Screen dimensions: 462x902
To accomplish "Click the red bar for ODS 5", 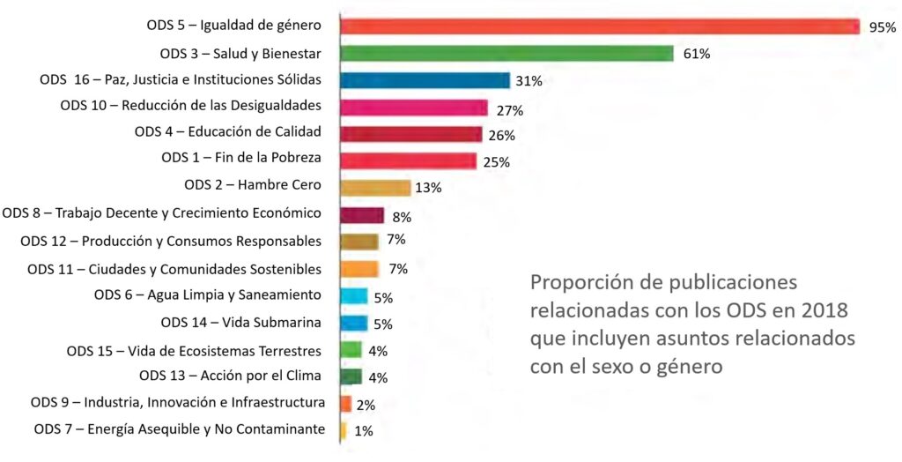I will (599, 26).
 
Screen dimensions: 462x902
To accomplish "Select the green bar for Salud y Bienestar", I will (506, 53).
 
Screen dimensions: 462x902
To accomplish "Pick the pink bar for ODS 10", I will (413, 108).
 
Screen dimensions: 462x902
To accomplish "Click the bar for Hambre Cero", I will (375, 188).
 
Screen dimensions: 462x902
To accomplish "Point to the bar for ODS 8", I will (362, 215).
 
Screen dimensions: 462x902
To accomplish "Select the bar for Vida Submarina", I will (353, 323).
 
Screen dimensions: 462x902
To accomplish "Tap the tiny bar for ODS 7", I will (343, 430).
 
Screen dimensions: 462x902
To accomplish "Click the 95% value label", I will (881, 27).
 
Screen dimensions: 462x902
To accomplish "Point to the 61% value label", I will (696, 54).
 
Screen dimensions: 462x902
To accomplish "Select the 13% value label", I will (428, 188).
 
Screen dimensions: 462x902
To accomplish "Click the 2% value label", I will (366, 405).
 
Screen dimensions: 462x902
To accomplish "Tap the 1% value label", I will (363, 431).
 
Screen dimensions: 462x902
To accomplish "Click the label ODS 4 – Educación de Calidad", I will (227, 133).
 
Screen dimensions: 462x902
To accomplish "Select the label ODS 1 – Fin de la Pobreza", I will (240, 159).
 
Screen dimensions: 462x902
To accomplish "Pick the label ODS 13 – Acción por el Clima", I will (230, 376).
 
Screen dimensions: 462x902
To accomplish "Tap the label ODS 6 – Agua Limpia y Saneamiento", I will (207, 294).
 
